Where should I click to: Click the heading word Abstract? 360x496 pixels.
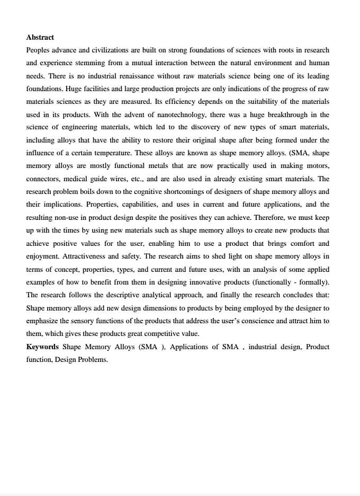tap(40, 37)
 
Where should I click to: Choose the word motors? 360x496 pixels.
tap(317, 166)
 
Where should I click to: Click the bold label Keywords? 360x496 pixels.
tap(42, 347)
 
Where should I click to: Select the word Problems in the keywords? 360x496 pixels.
tap(94, 359)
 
